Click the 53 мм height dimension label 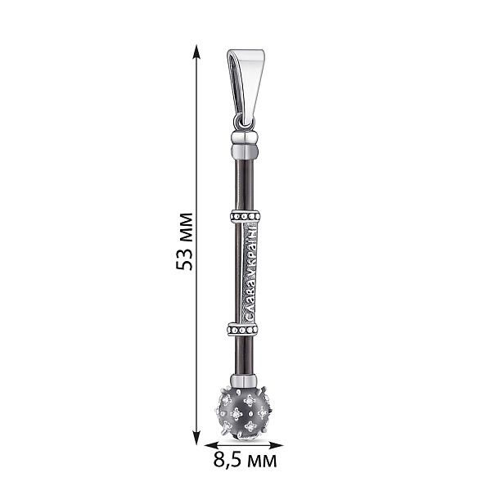[x=184, y=241]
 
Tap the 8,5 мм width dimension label [x=245, y=460]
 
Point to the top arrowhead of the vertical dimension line [x=196, y=52]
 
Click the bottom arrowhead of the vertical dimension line [x=196, y=437]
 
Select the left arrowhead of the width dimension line [x=212, y=445]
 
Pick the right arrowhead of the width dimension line [x=276, y=445]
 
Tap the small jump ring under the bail [x=244, y=124]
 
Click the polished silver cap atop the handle [x=245, y=146]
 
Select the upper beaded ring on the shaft [x=245, y=216]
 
